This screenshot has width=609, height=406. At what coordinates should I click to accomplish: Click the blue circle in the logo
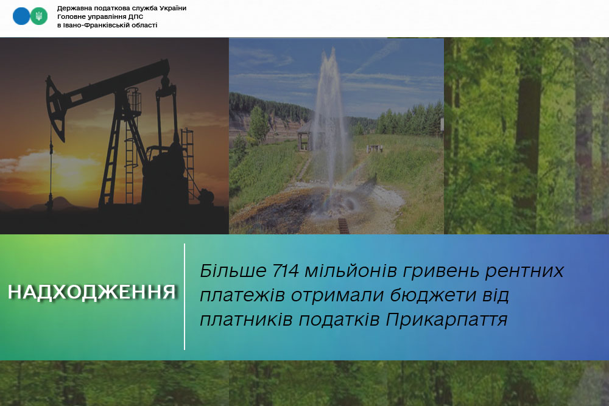(21, 16)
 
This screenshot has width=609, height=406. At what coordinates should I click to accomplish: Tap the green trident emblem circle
(39, 16)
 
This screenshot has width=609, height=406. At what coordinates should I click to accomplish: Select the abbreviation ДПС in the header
(135, 16)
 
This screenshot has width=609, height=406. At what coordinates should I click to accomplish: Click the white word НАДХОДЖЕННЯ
(92, 292)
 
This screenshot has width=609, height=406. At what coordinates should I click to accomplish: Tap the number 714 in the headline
(286, 271)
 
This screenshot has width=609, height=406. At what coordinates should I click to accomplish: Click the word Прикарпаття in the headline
(446, 320)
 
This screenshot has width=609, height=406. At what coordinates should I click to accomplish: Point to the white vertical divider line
(185, 297)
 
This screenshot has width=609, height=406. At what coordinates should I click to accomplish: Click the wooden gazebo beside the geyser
(306, 136)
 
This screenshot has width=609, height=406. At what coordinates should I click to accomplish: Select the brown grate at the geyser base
(343, 226)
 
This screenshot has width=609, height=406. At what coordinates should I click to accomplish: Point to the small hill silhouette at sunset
(58, 203)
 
